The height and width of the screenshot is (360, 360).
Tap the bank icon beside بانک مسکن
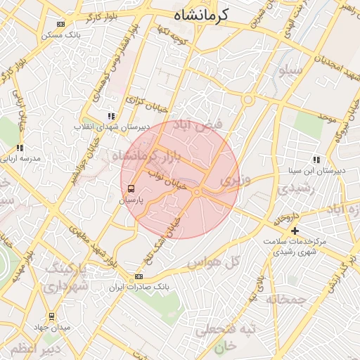pos(60,24)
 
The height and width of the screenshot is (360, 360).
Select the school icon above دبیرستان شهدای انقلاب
pos(110,116)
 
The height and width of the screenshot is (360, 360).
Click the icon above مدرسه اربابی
pos(20,148)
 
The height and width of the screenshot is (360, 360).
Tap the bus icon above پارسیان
pos(131,188)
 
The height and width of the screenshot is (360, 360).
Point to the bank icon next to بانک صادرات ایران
pos(139,277)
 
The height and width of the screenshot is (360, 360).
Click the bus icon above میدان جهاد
pos(51,316)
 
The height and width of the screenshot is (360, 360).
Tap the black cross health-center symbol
pos(295,231)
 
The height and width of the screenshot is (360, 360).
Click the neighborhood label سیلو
pos(290,70)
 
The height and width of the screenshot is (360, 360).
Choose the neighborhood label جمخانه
pos(286,300)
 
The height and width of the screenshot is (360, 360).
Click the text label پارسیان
pos(131,200)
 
